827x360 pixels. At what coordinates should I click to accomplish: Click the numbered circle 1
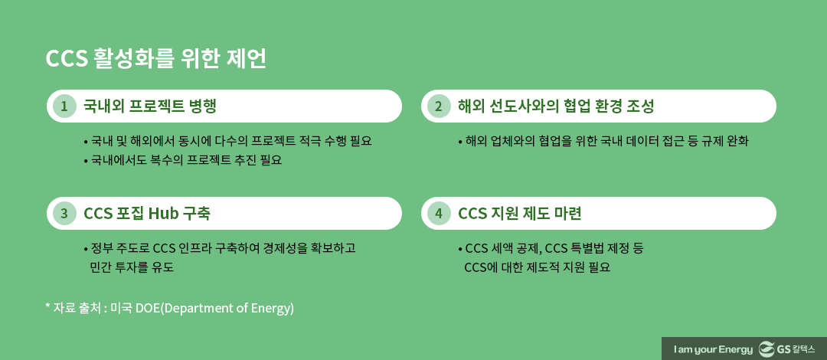(64, 106)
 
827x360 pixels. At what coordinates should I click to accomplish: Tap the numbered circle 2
(439, 106)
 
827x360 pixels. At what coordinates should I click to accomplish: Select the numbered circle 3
(64, 214)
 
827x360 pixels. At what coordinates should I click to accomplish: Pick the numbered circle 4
(439, 214)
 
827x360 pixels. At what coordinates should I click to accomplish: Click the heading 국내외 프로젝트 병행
(149, 106)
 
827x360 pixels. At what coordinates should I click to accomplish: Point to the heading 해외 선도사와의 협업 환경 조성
(556, 106)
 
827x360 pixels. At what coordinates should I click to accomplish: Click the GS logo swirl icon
(766, 349)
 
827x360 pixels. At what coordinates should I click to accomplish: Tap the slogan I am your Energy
(712, 349)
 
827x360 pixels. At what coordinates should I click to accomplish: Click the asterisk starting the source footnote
(47, 306)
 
